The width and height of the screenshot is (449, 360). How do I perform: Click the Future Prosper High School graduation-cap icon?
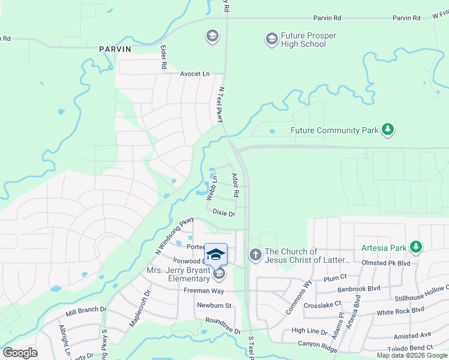coord(271,40)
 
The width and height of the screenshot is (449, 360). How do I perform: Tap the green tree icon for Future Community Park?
coord(388,130)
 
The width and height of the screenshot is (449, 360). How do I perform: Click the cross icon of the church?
coord(255,256)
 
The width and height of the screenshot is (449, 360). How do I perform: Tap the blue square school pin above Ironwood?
coord(216,254)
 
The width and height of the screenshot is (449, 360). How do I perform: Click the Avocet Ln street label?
coord(195,74)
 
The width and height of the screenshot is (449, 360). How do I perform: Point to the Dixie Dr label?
coord(223,212)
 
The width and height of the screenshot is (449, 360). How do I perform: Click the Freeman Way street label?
coord(203,291)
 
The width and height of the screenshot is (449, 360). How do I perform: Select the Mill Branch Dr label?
coord(85,310)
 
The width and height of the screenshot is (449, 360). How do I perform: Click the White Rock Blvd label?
coord(400,311)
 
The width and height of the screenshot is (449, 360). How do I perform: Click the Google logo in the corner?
coord(20,353)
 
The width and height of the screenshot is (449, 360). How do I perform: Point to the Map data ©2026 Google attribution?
coord(411,355)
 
